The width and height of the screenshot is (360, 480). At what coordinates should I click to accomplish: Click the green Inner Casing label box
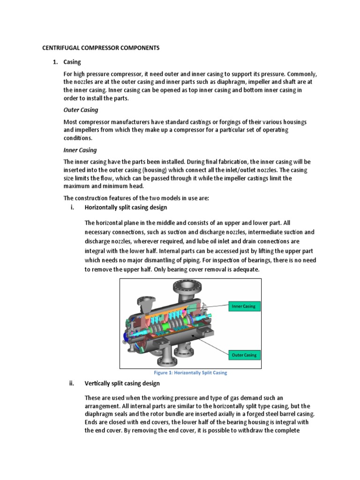tap(243, 307)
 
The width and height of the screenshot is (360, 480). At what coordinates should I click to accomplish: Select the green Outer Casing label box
tap(244, 355)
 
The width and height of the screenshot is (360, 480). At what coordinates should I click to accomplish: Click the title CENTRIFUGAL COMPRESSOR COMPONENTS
tap(101, 48)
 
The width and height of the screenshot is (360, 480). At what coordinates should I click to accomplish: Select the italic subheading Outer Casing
tap(81, 110)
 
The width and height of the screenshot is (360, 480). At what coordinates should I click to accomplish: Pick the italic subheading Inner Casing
tap(80, 150)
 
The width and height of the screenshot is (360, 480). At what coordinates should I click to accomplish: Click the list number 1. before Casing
tap(55, 62)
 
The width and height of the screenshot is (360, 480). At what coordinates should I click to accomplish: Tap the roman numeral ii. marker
tap(71, 383)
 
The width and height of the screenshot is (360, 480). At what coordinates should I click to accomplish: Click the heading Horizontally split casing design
tap(125, 207)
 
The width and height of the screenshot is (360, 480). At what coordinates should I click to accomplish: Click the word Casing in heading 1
tap(73, 62)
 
